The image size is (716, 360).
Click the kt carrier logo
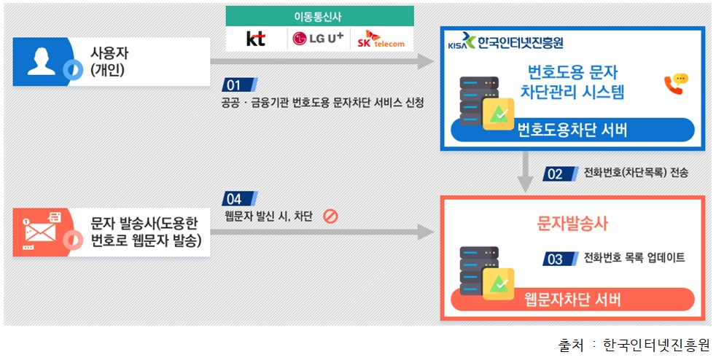pyautogui.click(x=256, y=39)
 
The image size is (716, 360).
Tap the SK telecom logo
pyautogui.click(x=381, y=39)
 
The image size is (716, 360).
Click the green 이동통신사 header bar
pyautogui.click(x=319, y=15)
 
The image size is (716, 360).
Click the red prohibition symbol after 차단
pyautogui.click(x=330, y=216)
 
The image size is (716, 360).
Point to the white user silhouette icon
pyautogui.click(x=40, y=61)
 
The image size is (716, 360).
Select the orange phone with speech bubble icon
pyautogui.click(x=675, y=83)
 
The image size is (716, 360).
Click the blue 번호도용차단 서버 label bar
pyautogui.click(x=572, y=130)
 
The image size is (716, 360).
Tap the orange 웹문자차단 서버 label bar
pyautogui.click(x=572, y=299)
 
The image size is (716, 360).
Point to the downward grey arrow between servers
pyautogui.click(x=524, y=173)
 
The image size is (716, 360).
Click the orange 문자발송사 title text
pyautogui.click(x=572, y=223)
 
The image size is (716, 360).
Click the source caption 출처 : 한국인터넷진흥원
pyautogui.click(x=634, y=344)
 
